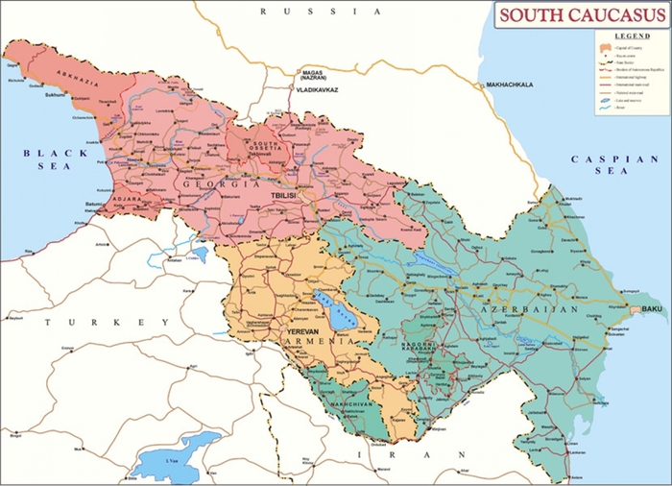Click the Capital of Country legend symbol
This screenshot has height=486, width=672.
coord(606,47)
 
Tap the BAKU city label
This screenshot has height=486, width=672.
coord(652,308)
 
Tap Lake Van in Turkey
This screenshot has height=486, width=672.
coord(173,456)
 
